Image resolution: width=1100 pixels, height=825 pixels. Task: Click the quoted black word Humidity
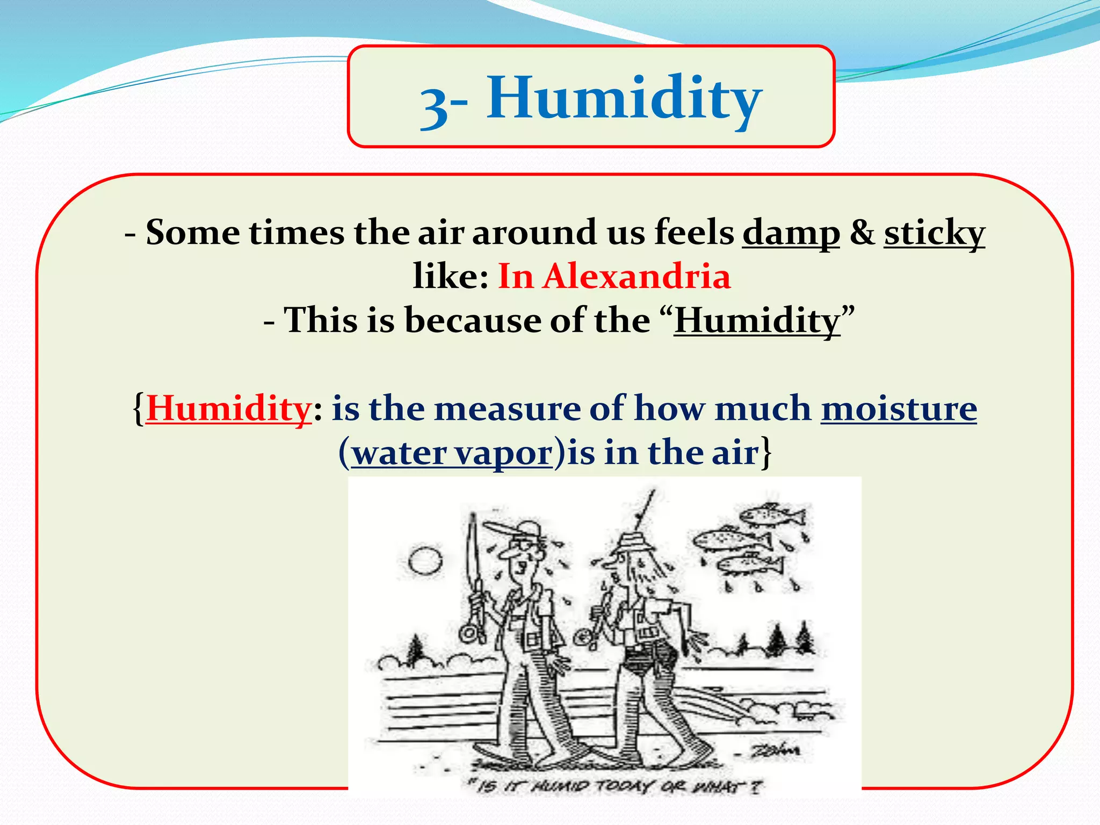click(x=757, y=321)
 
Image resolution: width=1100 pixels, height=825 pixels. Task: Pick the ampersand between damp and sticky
click(x=862, y=233)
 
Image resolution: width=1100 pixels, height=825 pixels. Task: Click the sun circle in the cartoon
click(x=425, y=562)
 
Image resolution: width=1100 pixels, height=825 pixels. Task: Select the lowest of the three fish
click(x=750, y=564)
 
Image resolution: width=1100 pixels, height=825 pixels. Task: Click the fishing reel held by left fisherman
click(x=471, y=634)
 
